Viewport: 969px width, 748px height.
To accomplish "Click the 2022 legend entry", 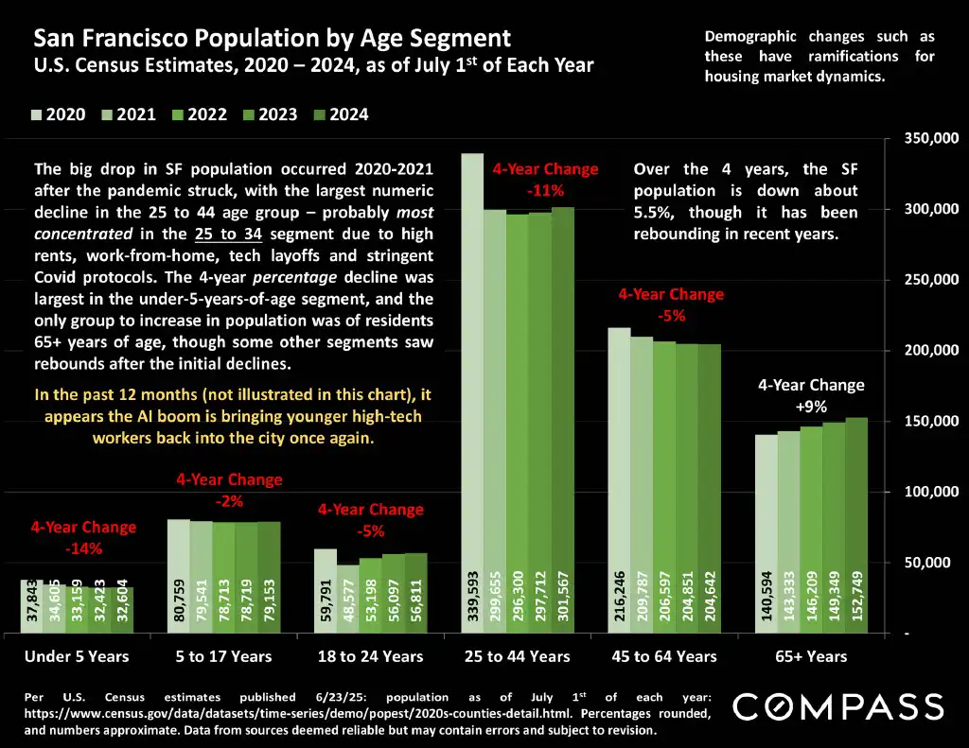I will click(x=198, y=114).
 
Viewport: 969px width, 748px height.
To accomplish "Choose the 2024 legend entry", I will click(x=340, y=114).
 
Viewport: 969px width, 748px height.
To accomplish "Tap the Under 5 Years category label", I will click(x=77, y=656).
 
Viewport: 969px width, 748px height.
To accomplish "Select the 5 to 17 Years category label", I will click(x=223, y=656).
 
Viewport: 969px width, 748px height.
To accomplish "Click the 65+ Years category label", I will click(x=810, y=656).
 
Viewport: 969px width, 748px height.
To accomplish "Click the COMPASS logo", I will click(x=838, y=706).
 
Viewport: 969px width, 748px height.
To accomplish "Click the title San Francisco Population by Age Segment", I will click(x=273, y=39).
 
